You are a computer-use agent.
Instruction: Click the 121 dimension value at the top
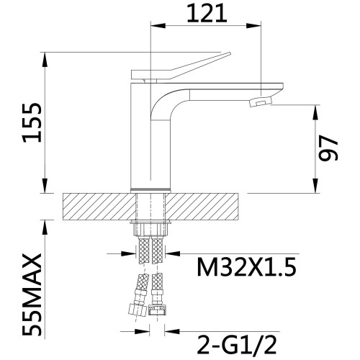tap(207, 14)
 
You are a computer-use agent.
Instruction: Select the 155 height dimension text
tap(32, 123)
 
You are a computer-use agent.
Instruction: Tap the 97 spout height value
tap(328, 148)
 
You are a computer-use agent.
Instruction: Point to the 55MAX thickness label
tap(32, 294)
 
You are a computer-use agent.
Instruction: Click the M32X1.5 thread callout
tap(246, 267)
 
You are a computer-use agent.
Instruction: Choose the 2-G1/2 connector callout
tap(237, 345)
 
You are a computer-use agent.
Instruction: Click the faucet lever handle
tap(181, 66)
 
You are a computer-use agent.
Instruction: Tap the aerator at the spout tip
tap(261, 102)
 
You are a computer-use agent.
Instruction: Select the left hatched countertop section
tap(99, 207)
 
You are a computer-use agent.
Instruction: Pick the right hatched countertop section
tap(202, 207)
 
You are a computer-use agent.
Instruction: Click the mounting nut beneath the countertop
tap(150, 229)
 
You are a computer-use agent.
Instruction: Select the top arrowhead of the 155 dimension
tap(45, 60)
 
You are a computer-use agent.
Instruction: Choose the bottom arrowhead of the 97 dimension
tap(315, 186)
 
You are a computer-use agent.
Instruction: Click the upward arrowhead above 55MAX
tap(45, 228)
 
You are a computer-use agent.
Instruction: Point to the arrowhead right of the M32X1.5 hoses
tap(173, 253)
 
